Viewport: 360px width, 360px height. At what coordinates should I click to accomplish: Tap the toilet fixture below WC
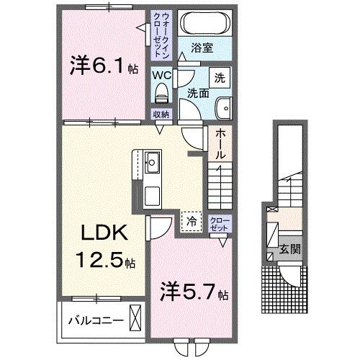tap(161, 91)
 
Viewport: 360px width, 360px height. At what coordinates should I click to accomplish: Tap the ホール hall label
tap(220, 145)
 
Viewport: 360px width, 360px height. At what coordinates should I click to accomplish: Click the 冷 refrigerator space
tap(191, 222)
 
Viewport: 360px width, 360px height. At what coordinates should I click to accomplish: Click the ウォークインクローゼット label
tap(161, 35)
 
